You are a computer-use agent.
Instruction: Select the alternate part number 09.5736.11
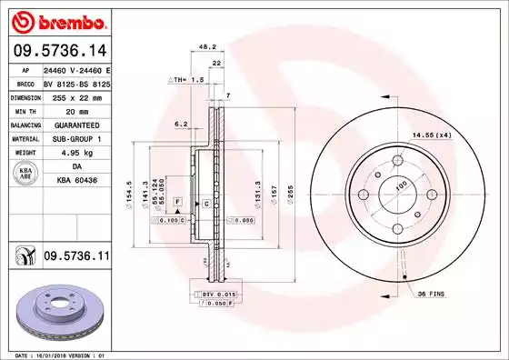(75, 258)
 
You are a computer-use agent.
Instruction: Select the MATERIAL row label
(24, 138)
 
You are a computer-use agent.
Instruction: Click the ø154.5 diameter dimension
(132, 192)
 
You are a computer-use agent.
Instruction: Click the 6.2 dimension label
(180, 124)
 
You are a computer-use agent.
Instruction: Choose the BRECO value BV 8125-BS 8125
(76, 80)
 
